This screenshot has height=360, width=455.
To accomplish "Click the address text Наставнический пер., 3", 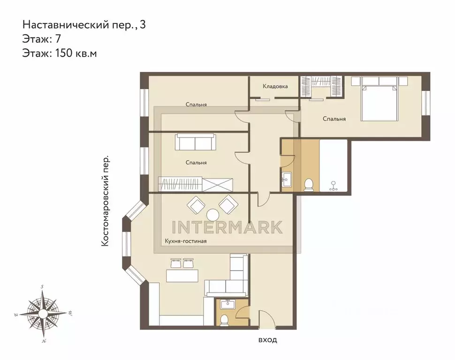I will [x=84, y=24].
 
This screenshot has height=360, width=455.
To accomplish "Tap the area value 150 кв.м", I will [x=76, y=53].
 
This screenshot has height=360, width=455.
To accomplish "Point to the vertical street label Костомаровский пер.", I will [x=106, y=201].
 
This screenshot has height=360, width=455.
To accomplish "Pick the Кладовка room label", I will [x=275, y=87].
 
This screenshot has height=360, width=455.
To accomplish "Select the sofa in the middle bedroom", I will [x=195, y=142].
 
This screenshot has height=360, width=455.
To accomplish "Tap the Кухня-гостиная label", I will [x=186, y=241].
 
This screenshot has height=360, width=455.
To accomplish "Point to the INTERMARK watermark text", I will [x=227, y=227].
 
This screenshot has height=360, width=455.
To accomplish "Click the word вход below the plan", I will [x=267, y=340].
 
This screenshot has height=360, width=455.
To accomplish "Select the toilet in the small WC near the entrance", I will [x=224, y=319].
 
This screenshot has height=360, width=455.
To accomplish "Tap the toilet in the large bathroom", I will [x=309, y=185].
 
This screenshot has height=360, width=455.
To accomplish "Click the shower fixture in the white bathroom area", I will [x=334, y=186].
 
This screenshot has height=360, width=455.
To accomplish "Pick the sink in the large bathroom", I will [x=286, y=178].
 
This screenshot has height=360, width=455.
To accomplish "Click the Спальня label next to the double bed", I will [x=334, y=119].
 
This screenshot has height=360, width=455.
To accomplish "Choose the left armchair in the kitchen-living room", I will [x=196, y=205].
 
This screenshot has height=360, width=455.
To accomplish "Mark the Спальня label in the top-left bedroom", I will [x=196, y=105].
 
